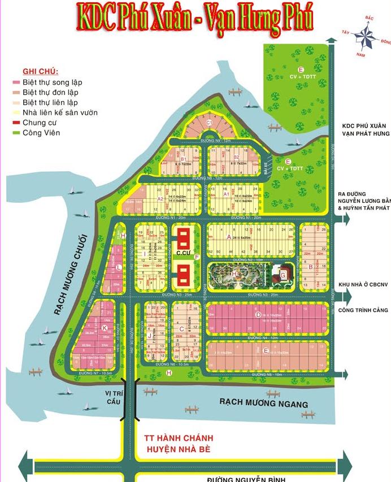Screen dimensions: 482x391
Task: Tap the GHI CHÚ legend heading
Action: (x=40, y=72)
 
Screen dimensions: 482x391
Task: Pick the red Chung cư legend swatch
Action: (x=16, y=123)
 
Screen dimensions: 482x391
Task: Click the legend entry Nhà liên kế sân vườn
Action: (x=60, y=112)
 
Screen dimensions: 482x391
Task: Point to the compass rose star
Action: (x=366, y=37)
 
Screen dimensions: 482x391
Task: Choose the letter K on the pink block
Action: (x=104, y=327)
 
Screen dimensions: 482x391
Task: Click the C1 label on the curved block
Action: (x=208, y=122)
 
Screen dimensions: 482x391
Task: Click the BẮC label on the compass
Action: (x=370, y=18)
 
